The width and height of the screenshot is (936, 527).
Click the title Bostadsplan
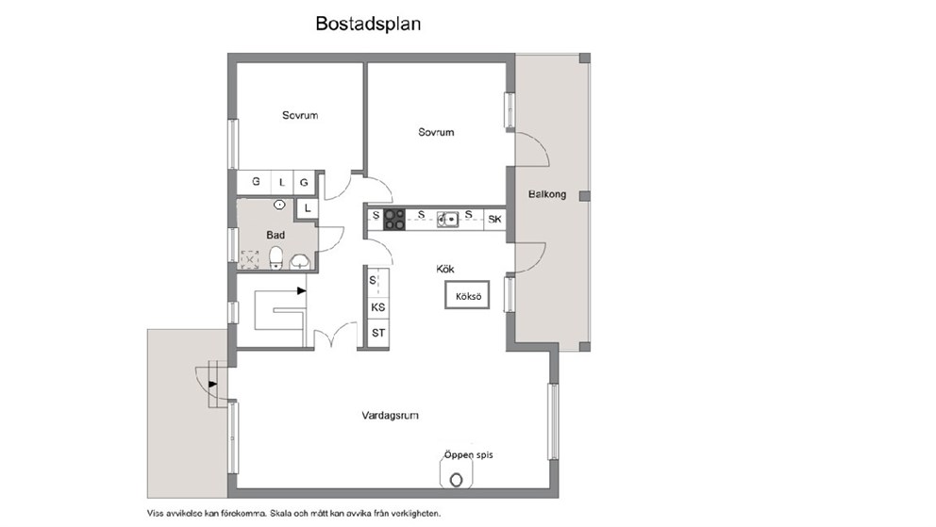click(368, 24)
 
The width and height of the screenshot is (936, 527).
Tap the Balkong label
click(547, 194)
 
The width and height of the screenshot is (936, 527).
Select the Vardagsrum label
click(390, 416)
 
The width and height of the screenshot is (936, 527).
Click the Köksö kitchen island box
click(467, 295)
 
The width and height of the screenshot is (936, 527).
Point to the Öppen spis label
click(469, 454)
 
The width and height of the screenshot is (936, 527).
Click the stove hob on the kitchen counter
click(394, 220)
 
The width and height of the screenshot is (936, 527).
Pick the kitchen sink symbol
click(447, 220)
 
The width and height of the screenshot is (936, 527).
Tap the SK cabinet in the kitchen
click(494, 220)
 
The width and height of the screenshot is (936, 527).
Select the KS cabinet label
click(377, 307)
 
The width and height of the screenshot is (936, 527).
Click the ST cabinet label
click(377, 333)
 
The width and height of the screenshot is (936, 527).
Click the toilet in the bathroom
click(276, 258)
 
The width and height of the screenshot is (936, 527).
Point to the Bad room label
click(276, 235)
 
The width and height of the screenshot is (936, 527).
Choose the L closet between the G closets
click(282, 183)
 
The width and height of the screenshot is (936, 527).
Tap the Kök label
click(445, 269)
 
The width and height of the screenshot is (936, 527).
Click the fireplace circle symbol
click(457, 480)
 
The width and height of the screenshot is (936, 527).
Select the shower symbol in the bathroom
click(249, 259)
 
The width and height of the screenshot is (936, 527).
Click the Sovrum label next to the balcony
click(436, 132)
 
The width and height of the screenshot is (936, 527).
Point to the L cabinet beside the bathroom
click(308, 208)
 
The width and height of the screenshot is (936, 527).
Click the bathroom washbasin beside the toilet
click(300, 261)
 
